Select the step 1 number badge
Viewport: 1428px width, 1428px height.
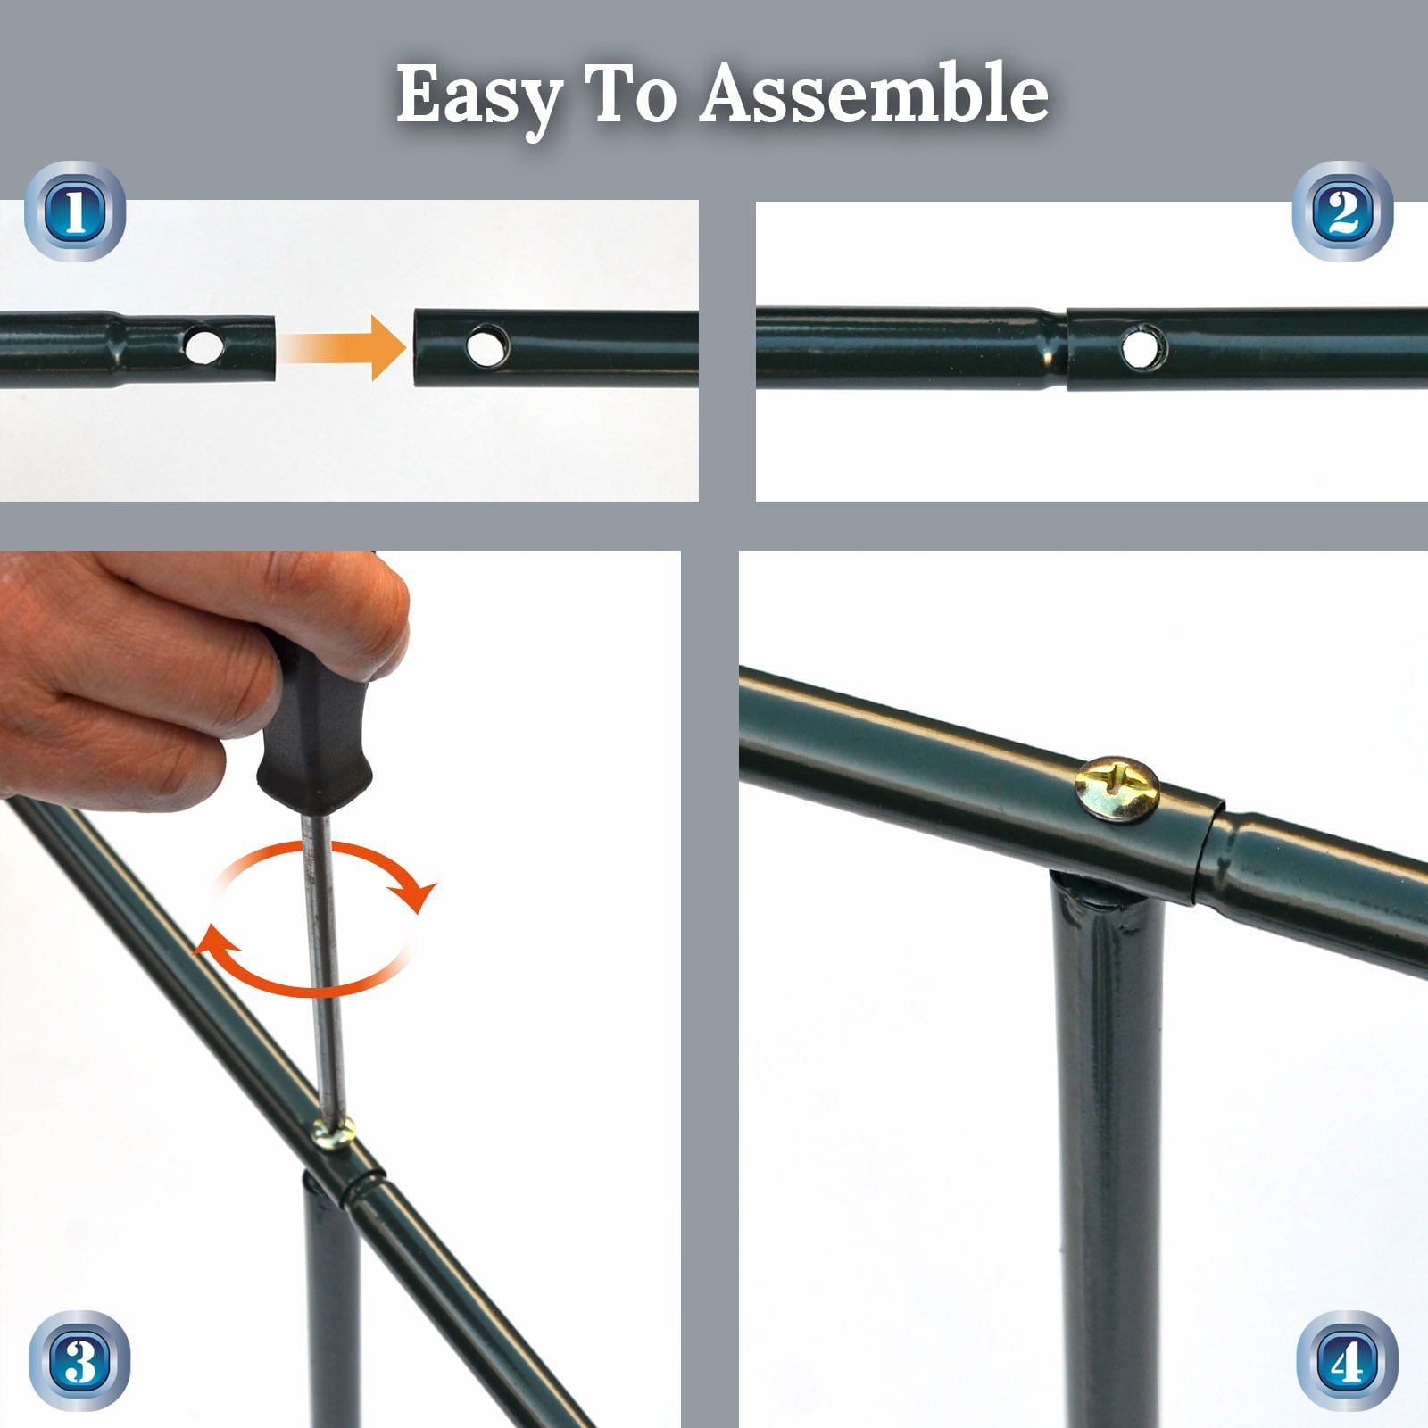click(75, 212)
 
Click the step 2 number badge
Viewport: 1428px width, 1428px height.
click(1342, 212)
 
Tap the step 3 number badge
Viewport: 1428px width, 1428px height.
click(79, 1360)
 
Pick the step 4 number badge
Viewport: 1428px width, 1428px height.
click(1347, 1360)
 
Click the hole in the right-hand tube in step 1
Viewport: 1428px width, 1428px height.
click(487, 345)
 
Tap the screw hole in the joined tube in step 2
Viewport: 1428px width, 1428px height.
click(1142, 347)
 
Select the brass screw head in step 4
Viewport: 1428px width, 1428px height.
click(1117, 789)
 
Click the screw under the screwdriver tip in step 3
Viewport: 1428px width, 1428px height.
click(334, 1133)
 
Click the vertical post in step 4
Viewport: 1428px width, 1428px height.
click(1107, 1151)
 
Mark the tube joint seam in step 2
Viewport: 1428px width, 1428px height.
click(1067, 349)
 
